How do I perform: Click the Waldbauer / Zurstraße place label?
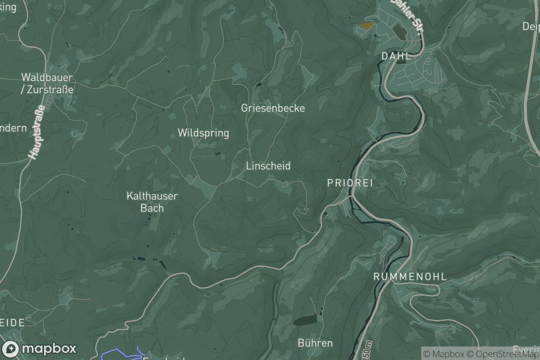[x=47, y=83]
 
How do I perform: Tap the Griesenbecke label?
[x=273, y=108]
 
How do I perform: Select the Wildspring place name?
[x=203, y=133]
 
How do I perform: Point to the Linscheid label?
[x=268, y=166]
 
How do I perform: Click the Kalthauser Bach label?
[x=152, y=202]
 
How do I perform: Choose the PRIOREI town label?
[x=350, y=183]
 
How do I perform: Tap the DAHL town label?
[x=396, y=56]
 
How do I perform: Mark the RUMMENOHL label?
[x=410, y=277]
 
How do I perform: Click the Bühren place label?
[x=315, y=343]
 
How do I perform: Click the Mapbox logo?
[x=39, y=349]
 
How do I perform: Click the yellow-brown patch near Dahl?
[x=367, y=26]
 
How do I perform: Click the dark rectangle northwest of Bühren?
[x=306, y=320]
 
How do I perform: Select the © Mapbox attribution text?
[x=443, y=354]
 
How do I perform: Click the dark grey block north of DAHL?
[x=398, y=31]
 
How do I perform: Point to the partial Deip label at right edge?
[x=531, y=27]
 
